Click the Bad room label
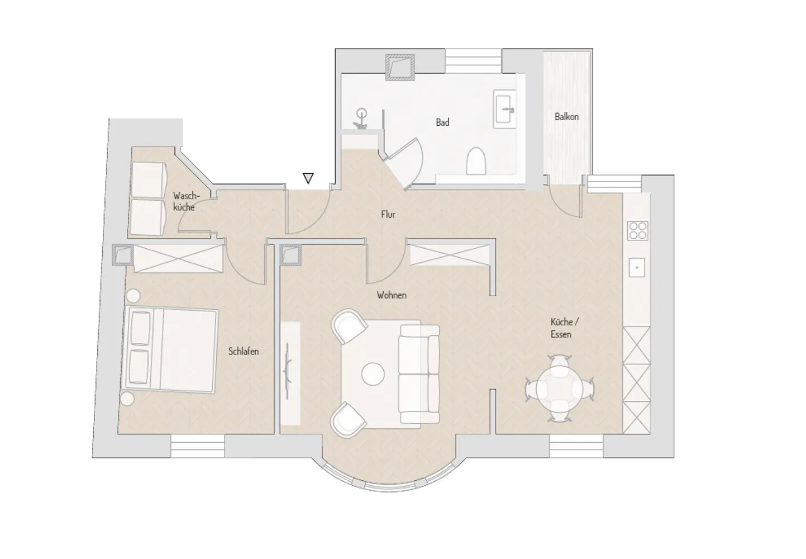point(442,122)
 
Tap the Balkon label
point(566,117)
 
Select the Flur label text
point(388,215)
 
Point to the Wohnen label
point(392,295)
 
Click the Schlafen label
point(243,352)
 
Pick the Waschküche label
point(185,201)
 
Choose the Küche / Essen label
point(564,328)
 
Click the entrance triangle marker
point(308,178)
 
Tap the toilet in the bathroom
point(476,160)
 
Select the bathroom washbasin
point(504,109)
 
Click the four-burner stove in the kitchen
point(638,231)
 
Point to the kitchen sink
point(637,268)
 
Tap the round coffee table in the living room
point(373,374)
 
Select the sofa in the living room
point(419,374)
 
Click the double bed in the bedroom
point(170,350)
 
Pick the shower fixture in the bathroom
point(361,119)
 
